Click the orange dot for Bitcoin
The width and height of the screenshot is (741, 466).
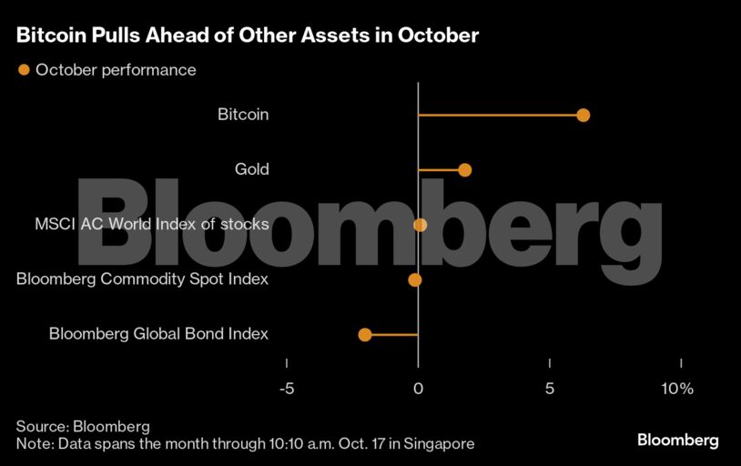584,116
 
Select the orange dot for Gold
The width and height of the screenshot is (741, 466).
465,170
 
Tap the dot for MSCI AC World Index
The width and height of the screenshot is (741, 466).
420,225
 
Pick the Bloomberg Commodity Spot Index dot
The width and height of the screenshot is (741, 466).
415,279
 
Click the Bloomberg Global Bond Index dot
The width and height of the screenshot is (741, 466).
365,335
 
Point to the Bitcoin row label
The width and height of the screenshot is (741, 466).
243,116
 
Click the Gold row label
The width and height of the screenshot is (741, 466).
251,170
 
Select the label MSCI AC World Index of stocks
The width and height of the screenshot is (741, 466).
151,225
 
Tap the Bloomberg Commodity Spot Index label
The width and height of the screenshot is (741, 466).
142,279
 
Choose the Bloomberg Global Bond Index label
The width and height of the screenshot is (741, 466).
158,334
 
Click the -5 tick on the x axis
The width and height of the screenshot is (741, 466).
286,389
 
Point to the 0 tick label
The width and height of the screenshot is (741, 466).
418,389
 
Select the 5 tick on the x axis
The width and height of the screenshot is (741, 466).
550,389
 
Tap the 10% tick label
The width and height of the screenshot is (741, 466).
678,389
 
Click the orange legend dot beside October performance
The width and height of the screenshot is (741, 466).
24,70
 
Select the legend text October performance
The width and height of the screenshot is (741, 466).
116,70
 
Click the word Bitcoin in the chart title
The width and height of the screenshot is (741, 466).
51,36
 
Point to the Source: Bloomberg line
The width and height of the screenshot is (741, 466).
83,426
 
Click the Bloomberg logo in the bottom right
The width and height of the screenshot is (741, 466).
677,441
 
